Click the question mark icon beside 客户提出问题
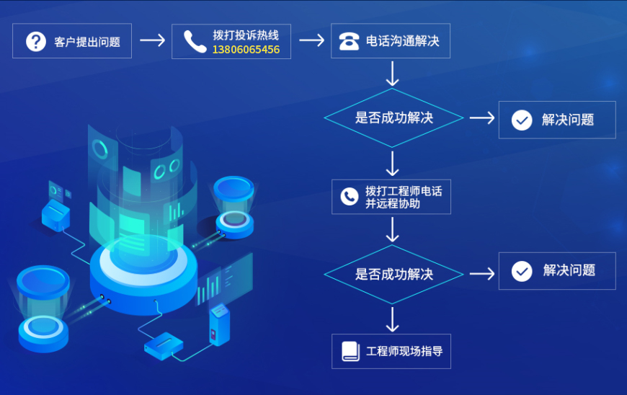tap(35, 41)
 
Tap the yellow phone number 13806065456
tap(246, 49)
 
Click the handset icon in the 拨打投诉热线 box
tap(195, 41)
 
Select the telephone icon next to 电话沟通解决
tap(350, 41)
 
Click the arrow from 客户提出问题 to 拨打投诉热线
tap(152, 40)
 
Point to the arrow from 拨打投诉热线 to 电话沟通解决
tap(311, 40)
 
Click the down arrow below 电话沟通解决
tap(392, 74)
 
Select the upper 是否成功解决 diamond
tap(393, 117)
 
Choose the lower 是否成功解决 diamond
tap(393, 274)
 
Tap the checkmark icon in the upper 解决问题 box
tap(522, 120)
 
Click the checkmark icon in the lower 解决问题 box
tap(522, 271)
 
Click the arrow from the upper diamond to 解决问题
tap(482, 117)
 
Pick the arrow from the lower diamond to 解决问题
tap(482, 274)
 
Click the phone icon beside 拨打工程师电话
tap(350, 196)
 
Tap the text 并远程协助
tap(393, 204)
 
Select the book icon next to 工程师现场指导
tap(350, 351)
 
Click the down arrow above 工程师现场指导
tap(392, 318)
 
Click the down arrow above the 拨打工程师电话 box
tap(392, 164)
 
